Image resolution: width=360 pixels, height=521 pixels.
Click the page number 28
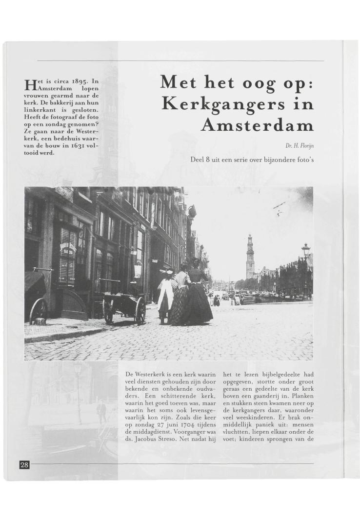(x=24, y=464)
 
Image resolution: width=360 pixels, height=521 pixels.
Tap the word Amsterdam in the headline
(x=257, y=126)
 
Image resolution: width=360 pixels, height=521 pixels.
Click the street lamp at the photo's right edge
(x=306, y=254)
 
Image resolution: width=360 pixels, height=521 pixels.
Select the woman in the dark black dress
(x=198, y=298)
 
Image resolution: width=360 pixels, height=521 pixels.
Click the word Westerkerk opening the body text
(x=151, y=374)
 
